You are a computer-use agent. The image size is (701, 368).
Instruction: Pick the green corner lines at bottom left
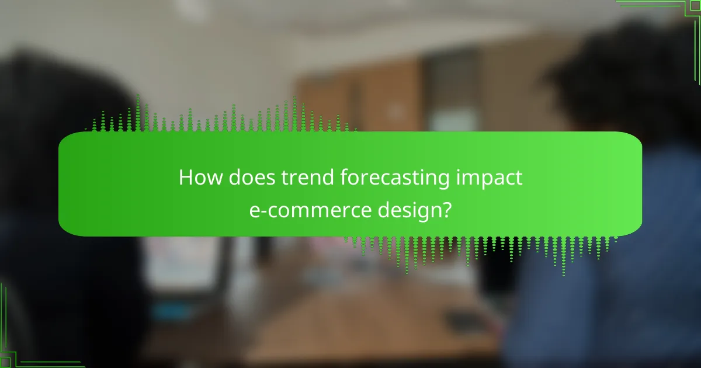pyautogui.click(x=23, y=350)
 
